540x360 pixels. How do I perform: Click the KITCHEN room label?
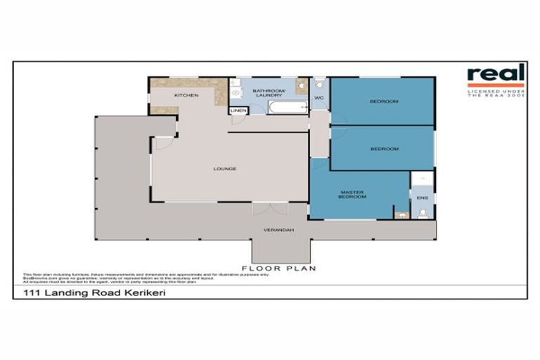pos(186,95)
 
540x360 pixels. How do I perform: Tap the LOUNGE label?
pos(225,169)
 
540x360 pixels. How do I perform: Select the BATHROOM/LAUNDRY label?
pos(268,93)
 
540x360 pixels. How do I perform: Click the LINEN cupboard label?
pos(238,110)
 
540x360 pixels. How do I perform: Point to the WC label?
pos(319,98)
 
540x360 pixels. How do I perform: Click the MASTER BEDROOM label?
pos(352,194)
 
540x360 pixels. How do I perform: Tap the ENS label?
pos(422,198)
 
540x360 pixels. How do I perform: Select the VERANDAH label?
pos(278,230)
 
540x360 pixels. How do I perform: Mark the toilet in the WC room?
pos(319,84)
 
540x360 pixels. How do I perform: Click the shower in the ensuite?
pos(423,179)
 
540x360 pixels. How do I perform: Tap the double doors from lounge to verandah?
pos(270,208)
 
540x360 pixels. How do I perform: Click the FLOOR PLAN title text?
pos(278,268)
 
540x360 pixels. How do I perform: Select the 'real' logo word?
pos(496,73)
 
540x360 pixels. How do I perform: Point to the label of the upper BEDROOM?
pos(384,102)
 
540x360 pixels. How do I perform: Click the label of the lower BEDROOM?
pos(384,148)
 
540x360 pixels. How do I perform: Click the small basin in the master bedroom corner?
pos(401,214)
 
